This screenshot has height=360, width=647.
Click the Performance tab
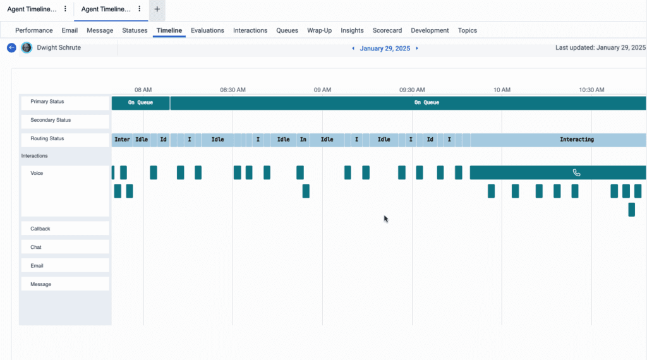[34, 30]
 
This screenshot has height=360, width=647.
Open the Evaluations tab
[207, 30]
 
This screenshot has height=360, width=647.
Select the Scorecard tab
[387, 30]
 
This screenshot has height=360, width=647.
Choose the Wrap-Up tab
[319, 30]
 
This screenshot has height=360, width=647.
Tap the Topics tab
[468, 30]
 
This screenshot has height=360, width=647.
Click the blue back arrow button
[11, 48]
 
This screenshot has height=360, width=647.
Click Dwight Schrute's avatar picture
[27, 48]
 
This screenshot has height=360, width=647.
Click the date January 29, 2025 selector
[385, 48]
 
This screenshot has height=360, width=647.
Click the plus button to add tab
[157, 9]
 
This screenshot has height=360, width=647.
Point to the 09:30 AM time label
[412, 90]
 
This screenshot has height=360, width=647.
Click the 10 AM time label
[502, 90]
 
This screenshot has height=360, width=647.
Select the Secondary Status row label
[51, 120]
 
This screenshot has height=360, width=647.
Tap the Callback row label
[40, 229]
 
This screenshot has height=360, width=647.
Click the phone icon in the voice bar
[576, 172]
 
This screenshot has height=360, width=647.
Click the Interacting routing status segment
[576, 140]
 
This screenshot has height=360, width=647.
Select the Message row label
[41, 284]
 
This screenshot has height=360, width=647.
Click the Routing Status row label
[48, 139]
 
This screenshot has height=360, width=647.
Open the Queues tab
[287, 30]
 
